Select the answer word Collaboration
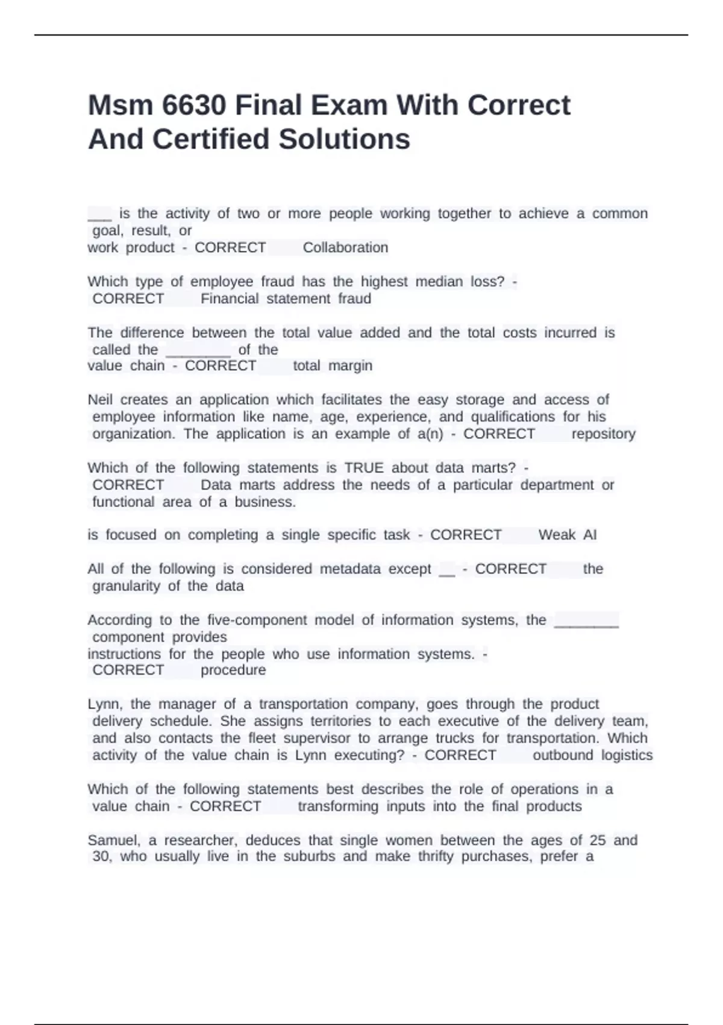coord(345,248)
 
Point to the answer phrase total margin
coord(333,366)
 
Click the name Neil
coord(100,400)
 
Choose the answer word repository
coord(603,434)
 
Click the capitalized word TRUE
coord(364,468)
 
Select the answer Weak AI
coord(567,535)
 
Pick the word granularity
coord(126,586)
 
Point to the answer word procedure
coord(233,670)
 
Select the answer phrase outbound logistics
coord(592,755)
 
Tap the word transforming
coord(338,807)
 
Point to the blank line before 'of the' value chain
coord(198,351)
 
